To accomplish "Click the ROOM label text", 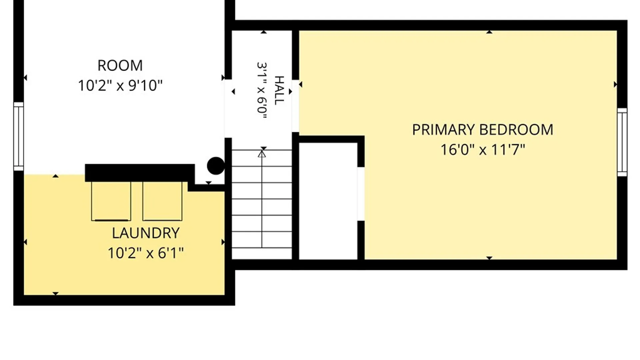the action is coord(120,65).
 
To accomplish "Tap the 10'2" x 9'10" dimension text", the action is coord(120,86).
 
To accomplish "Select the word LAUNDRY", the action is coord(146,233).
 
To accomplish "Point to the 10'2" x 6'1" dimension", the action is coord(146,253).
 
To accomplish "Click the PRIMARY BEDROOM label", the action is coord(483,130).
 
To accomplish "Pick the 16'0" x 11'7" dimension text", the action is coord(483,150).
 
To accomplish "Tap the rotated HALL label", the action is coord(279,90).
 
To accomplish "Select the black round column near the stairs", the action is coord(216,166).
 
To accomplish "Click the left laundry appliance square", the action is coord(111,201).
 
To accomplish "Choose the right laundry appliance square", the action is coord(162,201).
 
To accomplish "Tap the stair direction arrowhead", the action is coord(262,154).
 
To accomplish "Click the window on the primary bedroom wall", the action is coord(622,142).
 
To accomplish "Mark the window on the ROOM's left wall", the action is coord(19,137).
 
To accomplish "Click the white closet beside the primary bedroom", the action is coord(328,201).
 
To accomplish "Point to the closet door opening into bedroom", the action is coord(361,194).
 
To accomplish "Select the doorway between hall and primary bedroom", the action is coord(295,106).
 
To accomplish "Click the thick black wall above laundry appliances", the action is coord(140,173).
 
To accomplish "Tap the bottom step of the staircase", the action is coord(262,253).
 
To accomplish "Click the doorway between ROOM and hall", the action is coord(228,109).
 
